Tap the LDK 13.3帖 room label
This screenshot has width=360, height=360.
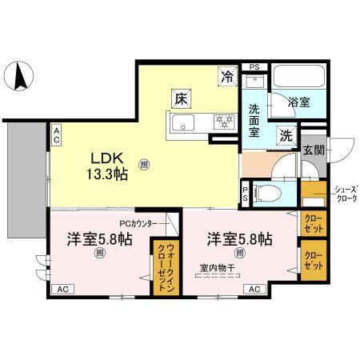[x=107, y=165]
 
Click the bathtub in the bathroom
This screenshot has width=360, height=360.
[x=298, y=78]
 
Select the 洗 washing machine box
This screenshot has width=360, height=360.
[x=286, y=135]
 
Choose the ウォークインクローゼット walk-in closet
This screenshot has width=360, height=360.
[x=163, y=258]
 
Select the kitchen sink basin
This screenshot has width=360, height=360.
[x=182, y=123]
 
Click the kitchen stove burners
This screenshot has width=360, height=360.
[x=222, y=123]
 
